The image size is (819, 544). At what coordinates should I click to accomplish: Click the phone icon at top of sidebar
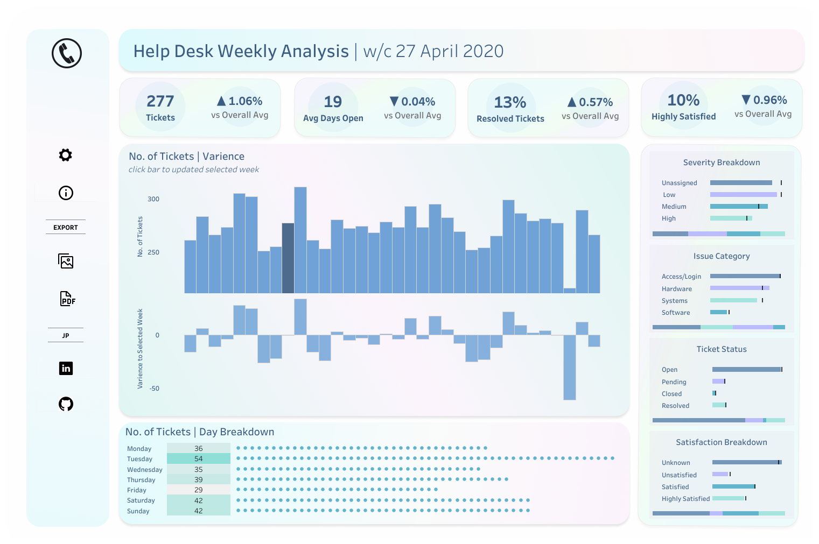click(x=67, y=53)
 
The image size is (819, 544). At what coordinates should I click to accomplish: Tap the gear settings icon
click(x=66, y=155)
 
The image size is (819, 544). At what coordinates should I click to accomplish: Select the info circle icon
click(x=66, y=193)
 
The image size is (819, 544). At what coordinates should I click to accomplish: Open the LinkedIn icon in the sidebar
click(x=66, y=368)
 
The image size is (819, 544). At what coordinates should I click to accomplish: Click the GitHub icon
click(x=66, y=404)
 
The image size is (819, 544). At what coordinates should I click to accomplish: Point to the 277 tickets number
click(x=160, y=101)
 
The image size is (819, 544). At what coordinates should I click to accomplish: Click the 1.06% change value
click(x=245, y=101)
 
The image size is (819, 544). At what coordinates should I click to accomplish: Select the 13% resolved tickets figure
click(x=510, y=102)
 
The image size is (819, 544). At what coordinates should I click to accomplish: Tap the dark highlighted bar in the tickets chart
click(x=288, y=258)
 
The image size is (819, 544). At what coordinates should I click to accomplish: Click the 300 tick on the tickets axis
click(x=153, y=199)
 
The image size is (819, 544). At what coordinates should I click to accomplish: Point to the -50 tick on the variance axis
click(x=154, y=388)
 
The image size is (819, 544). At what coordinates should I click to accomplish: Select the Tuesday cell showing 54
click(x=199, y=459)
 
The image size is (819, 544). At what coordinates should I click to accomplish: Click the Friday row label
click(x=137, y=490)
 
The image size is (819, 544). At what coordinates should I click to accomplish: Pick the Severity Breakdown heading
click(x=722, y=163)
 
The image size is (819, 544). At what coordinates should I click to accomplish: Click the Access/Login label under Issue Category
click(x=681, y=277)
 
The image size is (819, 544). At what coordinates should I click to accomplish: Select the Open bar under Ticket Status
click(x=746, y=370)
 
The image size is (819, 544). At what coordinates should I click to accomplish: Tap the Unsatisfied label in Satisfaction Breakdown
click(x=679, y=475)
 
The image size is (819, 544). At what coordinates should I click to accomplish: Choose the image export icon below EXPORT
click(x=66, y=262)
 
